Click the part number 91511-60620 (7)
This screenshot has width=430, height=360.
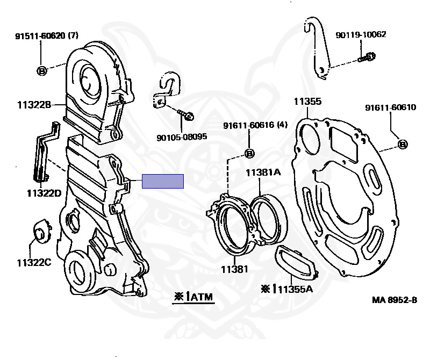tap(47, 35)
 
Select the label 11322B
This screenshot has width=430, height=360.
tap(34, 105)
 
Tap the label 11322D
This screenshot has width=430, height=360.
tap(44, 193)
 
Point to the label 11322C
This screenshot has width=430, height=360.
tap(34, 263)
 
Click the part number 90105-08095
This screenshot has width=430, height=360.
tap(182, 136)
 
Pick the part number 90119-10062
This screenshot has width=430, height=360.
tap(361, 35)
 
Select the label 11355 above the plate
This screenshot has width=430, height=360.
tap(307, 102)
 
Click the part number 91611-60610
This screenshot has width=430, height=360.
tap(391, 107)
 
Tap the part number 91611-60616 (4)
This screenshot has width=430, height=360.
tap(255, 125)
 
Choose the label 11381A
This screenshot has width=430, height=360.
tap(263, 172)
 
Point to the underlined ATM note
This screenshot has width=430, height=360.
tap(193, 297)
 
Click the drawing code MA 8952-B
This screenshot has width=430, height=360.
tap(395, 300)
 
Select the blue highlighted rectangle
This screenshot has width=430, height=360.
tap(163, 181)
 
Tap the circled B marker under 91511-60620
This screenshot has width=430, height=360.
tap(42, 71)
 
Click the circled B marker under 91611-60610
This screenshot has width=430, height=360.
tap(402, 144)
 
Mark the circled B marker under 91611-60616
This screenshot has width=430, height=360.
tap(249, 153)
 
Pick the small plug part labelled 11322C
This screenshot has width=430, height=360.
tap(42, 230)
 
